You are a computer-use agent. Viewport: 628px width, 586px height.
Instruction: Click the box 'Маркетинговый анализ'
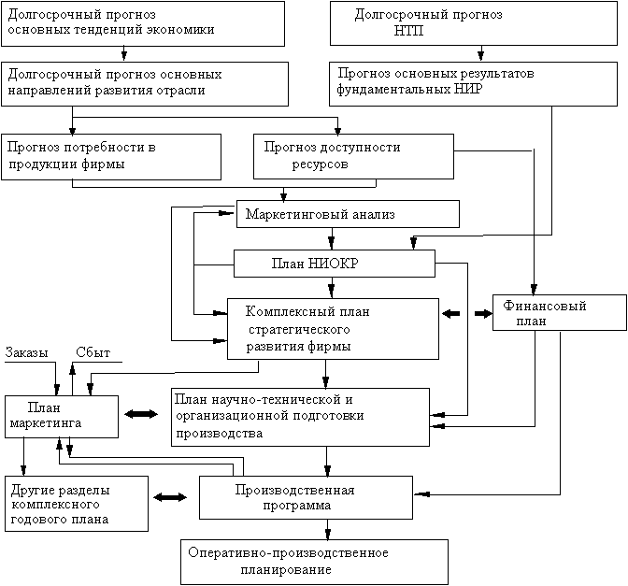click(x=348, y=214)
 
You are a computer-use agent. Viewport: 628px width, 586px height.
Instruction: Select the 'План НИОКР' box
click(x=335, y=264)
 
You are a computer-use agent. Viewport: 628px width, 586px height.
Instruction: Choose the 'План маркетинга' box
click(x=62, y=415)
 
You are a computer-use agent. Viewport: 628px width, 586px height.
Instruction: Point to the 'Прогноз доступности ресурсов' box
click(x=353, y=155)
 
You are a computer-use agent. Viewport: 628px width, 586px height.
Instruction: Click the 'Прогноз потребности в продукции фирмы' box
click(x=111, y=156)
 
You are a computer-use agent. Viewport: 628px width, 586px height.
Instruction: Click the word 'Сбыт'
click(x=93, y=352)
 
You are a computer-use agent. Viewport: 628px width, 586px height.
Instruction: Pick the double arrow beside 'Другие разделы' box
click(x=173, y=498)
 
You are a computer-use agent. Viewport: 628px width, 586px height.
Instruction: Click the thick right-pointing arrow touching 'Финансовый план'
click(x=482, y=314)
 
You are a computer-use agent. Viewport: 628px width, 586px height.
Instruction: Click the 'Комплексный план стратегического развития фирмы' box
click(x=333, y=328)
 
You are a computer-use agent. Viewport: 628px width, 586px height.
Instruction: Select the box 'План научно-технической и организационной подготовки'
click(x=296, y=415)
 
